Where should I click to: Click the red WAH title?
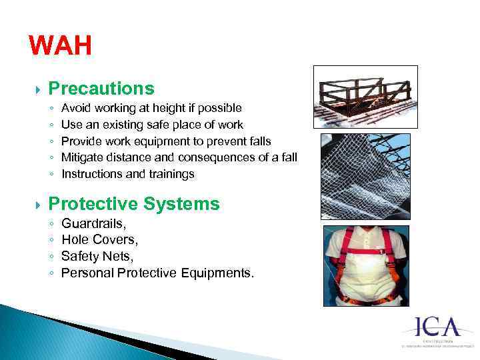pos(60,47)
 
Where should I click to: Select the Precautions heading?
pos(101,89)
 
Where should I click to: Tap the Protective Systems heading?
pos(134,204)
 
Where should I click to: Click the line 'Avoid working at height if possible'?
pos(151,107)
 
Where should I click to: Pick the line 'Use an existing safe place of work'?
pos(152,124)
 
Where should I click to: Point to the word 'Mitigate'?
pos(82,157)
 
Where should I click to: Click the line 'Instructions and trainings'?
pos(128,174)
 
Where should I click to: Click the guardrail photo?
pos(365,97)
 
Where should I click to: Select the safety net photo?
pos(365,176)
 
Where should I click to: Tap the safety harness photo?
pos(365,265)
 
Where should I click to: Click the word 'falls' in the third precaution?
pos(259,141)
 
